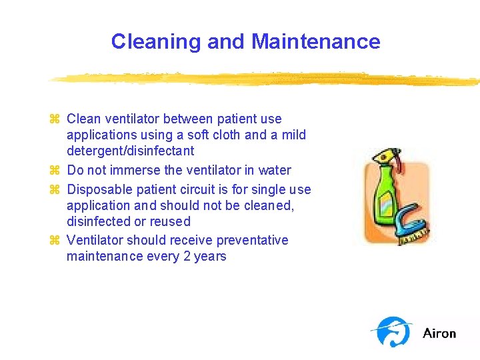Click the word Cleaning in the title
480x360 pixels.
click(157, 42)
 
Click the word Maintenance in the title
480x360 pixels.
click(316, 42)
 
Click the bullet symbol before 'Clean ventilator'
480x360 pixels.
click(55, 119)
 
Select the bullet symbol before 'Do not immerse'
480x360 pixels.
click(55, 170)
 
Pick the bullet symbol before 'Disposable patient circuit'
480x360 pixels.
click(55, 189)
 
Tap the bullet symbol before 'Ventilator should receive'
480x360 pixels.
click(55, 240)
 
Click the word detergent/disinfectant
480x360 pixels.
click(130, 151)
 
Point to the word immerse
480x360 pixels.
click(135, 170)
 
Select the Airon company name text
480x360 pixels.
click(439, 333)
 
